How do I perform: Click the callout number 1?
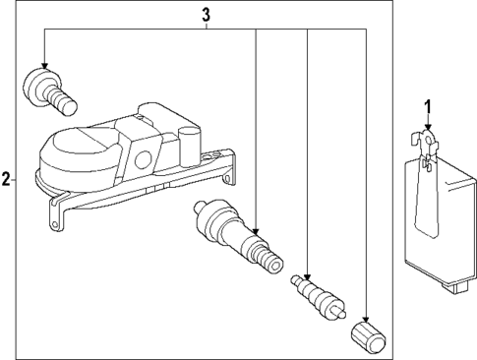pyautogui.click(x=427, y=106)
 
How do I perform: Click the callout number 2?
pyautogui.click(x=7, y=180)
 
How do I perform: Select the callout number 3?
pyautogui.click(x=206, y=14)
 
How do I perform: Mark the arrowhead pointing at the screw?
pyautogui.click(x=44, y=61)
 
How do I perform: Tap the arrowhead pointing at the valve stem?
pyautogui.click(x=256, y=228)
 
